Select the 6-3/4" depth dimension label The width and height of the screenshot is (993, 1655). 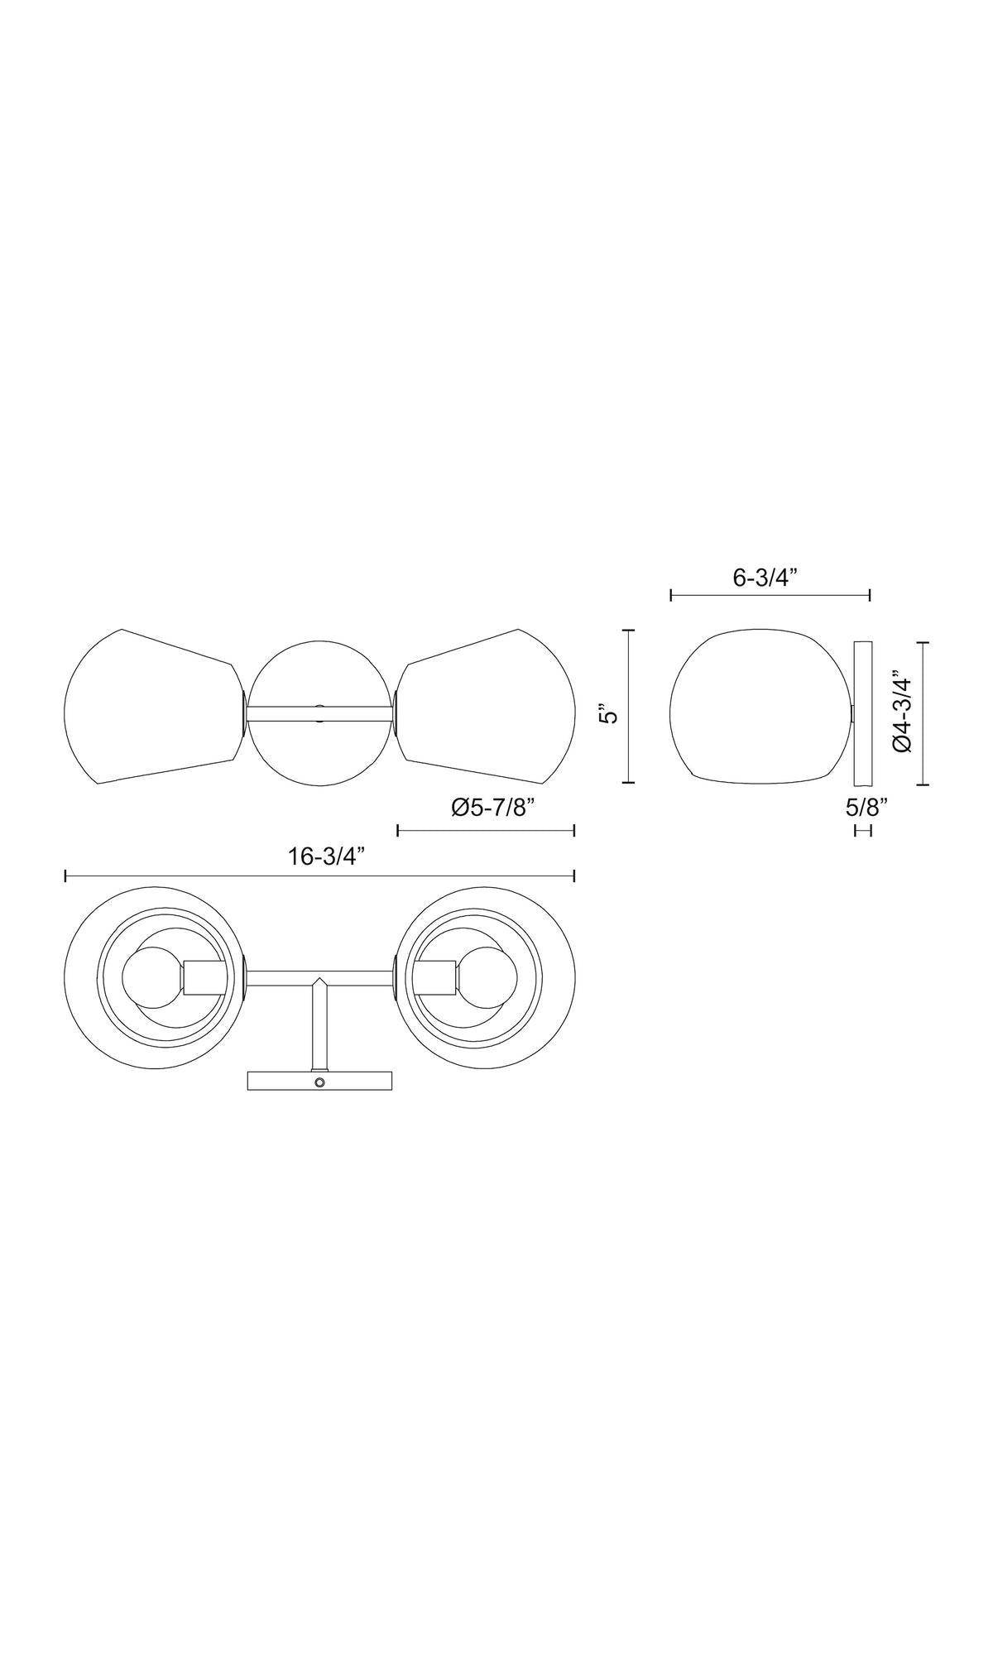pyautogui.click(x=765, y=578)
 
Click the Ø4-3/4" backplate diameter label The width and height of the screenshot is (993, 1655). pyautogui.click(x=903, y=714)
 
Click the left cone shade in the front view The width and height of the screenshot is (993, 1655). pyautogui.click(x=154, y=706)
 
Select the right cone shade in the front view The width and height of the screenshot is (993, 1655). pyautogui.click(x=485, y=706)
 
